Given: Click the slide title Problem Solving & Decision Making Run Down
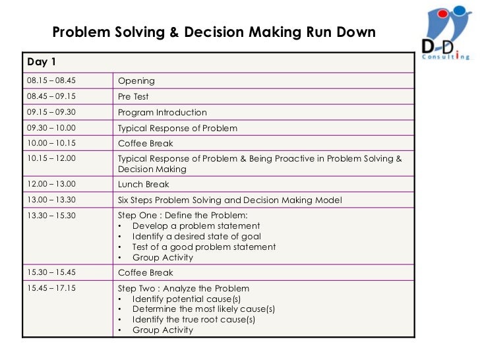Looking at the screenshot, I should pyautogui.click(x=214, y=32).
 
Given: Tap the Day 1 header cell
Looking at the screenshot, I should pyautogui.click(x=42, y=62).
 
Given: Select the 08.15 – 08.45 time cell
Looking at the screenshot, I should pyautogui.click(x=51, y=80).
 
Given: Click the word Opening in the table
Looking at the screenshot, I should pyautogui.click(x=136, y=80).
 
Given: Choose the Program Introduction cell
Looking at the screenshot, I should pyautogui.click(x=162, y=112).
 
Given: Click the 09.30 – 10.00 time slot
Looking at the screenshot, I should pyautogui.click(x=51, y=128).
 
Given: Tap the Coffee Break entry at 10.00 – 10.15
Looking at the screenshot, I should pyautogui.click(x=145, y=144).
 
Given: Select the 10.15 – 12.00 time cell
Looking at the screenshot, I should pyautogui.click(x=51, y=159).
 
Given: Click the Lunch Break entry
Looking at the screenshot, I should pyautogui.click(x=143, y=185).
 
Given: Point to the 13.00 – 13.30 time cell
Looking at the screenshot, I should pyautogui.click(x=51, y=200).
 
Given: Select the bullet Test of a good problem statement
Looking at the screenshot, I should pyautogui.click(x=204, y=247).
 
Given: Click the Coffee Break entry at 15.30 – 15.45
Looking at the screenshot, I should pyautogui.click(x=145, y=272).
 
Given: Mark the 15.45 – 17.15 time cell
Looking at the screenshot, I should pyautogui.click(x=51, y=288).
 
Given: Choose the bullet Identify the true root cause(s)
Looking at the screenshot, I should pyautogui.click(x=193, y=320).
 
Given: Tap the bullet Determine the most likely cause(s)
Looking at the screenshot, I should pyautogui.click(x=203, y=309).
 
